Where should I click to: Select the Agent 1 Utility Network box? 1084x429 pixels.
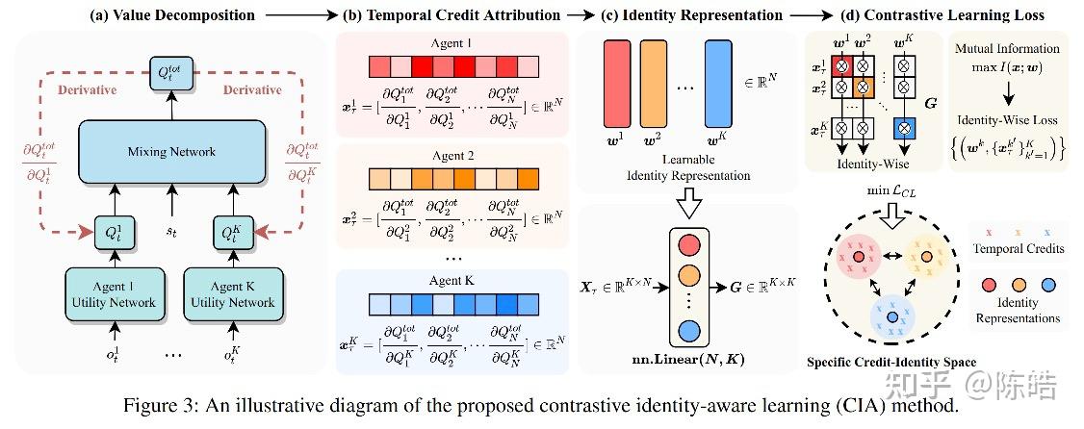(110, 293)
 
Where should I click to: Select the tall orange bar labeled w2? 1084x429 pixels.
(656, 84)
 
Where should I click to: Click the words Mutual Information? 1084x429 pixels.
(1007, 48)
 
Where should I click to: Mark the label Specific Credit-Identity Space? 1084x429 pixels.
(890, 363)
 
